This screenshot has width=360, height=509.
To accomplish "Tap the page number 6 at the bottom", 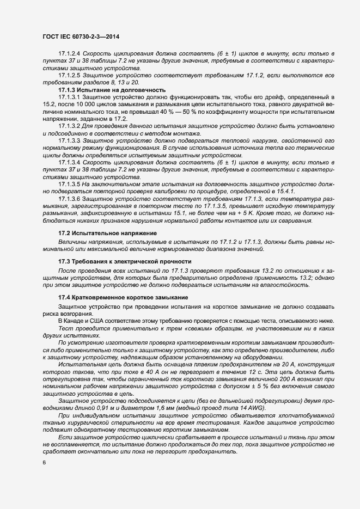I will coord(44,462).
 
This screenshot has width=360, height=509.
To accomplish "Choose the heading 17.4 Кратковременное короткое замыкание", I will coord(123,297).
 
